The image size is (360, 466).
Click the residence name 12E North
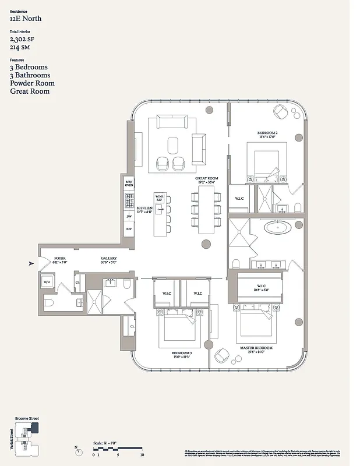coord(25,19)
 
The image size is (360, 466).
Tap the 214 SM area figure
coord(20,47)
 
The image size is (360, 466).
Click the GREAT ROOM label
coord(206,180)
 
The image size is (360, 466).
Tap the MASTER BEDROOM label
coord(256,349)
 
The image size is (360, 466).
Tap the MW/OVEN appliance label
coord(129,183)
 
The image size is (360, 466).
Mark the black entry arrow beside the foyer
coord(31,264)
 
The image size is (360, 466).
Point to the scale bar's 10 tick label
coord(142,454)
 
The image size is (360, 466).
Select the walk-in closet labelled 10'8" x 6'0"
coord(260,288)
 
